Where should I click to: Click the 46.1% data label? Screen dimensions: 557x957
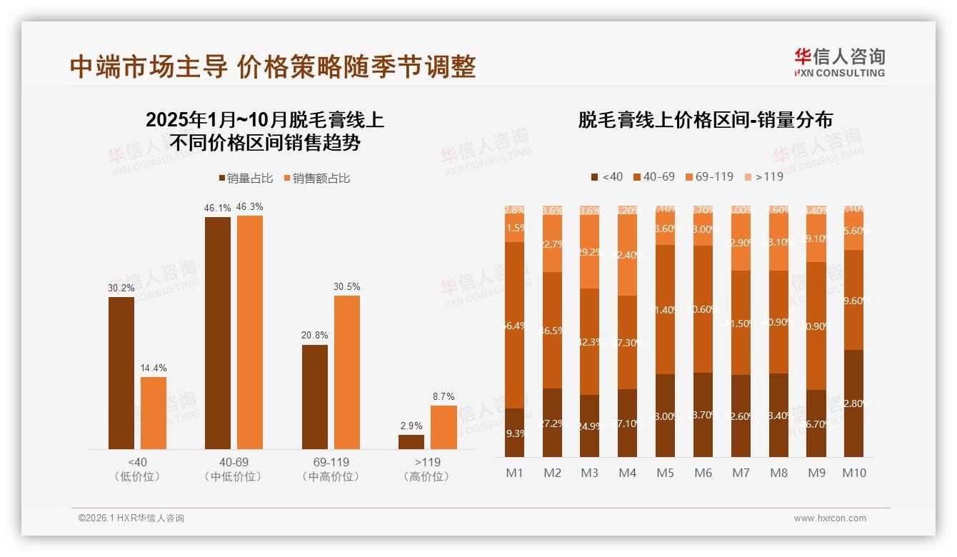click(218, 209)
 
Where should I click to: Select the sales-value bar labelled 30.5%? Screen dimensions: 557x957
click(346, 372)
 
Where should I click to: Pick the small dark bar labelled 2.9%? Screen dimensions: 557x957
click(411, 442)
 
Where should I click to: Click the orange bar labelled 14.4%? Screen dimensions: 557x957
click(154, 413)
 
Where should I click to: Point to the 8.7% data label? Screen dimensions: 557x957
click(443, 396)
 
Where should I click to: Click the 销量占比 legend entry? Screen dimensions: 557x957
click(245, 178)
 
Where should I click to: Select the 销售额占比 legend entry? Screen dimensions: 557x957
click(316, 178)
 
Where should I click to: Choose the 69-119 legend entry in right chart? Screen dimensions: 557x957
click(708, 176)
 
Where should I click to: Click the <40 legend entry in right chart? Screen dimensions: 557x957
click(606, 176)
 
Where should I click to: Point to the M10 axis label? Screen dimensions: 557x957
click(853, 473)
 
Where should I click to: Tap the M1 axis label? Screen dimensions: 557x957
click(514, 473)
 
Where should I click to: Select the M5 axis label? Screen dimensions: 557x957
click(666, 473)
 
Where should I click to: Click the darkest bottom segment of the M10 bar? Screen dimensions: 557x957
click(853, 403)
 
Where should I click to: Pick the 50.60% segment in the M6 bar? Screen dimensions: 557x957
click(703, 309)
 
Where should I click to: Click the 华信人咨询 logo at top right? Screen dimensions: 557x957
click(839, 62)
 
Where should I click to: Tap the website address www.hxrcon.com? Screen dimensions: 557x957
click(829, 518)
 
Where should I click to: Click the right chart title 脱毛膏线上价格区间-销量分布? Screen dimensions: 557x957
click(705, 120)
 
